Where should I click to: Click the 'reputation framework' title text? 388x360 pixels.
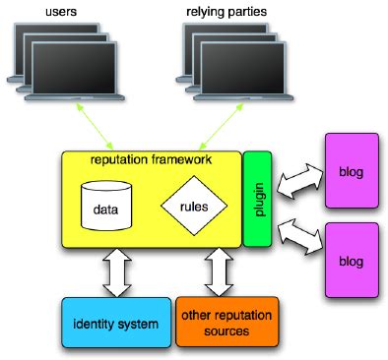tap(150, 158)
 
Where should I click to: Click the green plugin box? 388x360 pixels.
tap(256, 200)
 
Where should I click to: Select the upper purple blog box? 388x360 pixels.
tap(350, 172)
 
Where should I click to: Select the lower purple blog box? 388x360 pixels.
tap(350, 262)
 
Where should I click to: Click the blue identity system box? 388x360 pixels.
tap(115, 323)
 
